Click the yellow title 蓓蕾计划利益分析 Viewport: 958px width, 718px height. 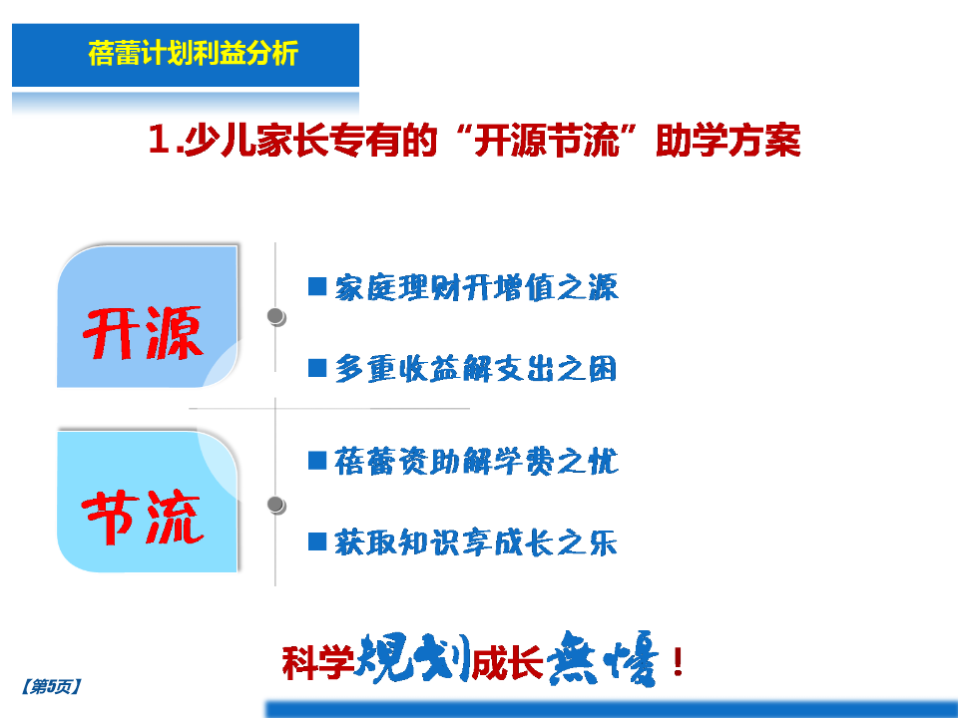pos(193,53)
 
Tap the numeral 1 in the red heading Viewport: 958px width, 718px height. pos(159,140)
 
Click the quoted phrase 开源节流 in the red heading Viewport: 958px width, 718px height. pos(546,141)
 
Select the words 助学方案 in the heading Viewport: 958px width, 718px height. pos(727,141)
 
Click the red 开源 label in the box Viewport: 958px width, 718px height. pos(143,333)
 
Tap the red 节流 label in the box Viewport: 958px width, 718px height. pos(143,518)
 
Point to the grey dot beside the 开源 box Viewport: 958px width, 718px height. pos(275,316)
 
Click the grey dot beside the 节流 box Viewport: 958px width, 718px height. pos(275,505)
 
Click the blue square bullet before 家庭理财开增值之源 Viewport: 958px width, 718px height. pos(317,286)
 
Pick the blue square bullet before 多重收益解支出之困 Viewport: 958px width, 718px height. pos(317,368)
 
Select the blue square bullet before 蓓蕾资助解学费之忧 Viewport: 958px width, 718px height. pos(317,461)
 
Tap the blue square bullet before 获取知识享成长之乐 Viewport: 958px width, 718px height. pos(317,541)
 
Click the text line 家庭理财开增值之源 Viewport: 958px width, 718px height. pos(477,287)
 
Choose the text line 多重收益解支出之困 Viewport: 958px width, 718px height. pos(476,369)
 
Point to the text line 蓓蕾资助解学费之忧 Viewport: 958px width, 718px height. pos(477,461)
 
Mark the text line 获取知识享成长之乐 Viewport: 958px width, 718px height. pos(476,542)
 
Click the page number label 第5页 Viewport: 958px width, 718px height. pos(51,687)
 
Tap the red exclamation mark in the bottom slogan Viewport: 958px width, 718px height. pos(678,662)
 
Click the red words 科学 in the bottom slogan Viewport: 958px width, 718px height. pos(317,662)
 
